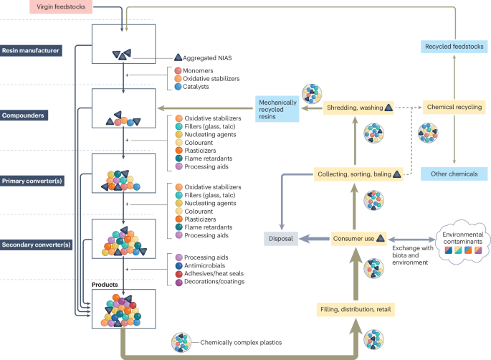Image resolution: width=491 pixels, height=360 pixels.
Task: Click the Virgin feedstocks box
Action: point(41,7)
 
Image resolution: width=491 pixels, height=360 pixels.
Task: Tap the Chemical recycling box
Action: point(454,107)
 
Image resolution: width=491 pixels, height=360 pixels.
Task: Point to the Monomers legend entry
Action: point(199,70)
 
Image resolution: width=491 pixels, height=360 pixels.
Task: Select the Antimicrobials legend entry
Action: point(204,265)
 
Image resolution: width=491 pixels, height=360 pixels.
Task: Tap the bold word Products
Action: point(105,285)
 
